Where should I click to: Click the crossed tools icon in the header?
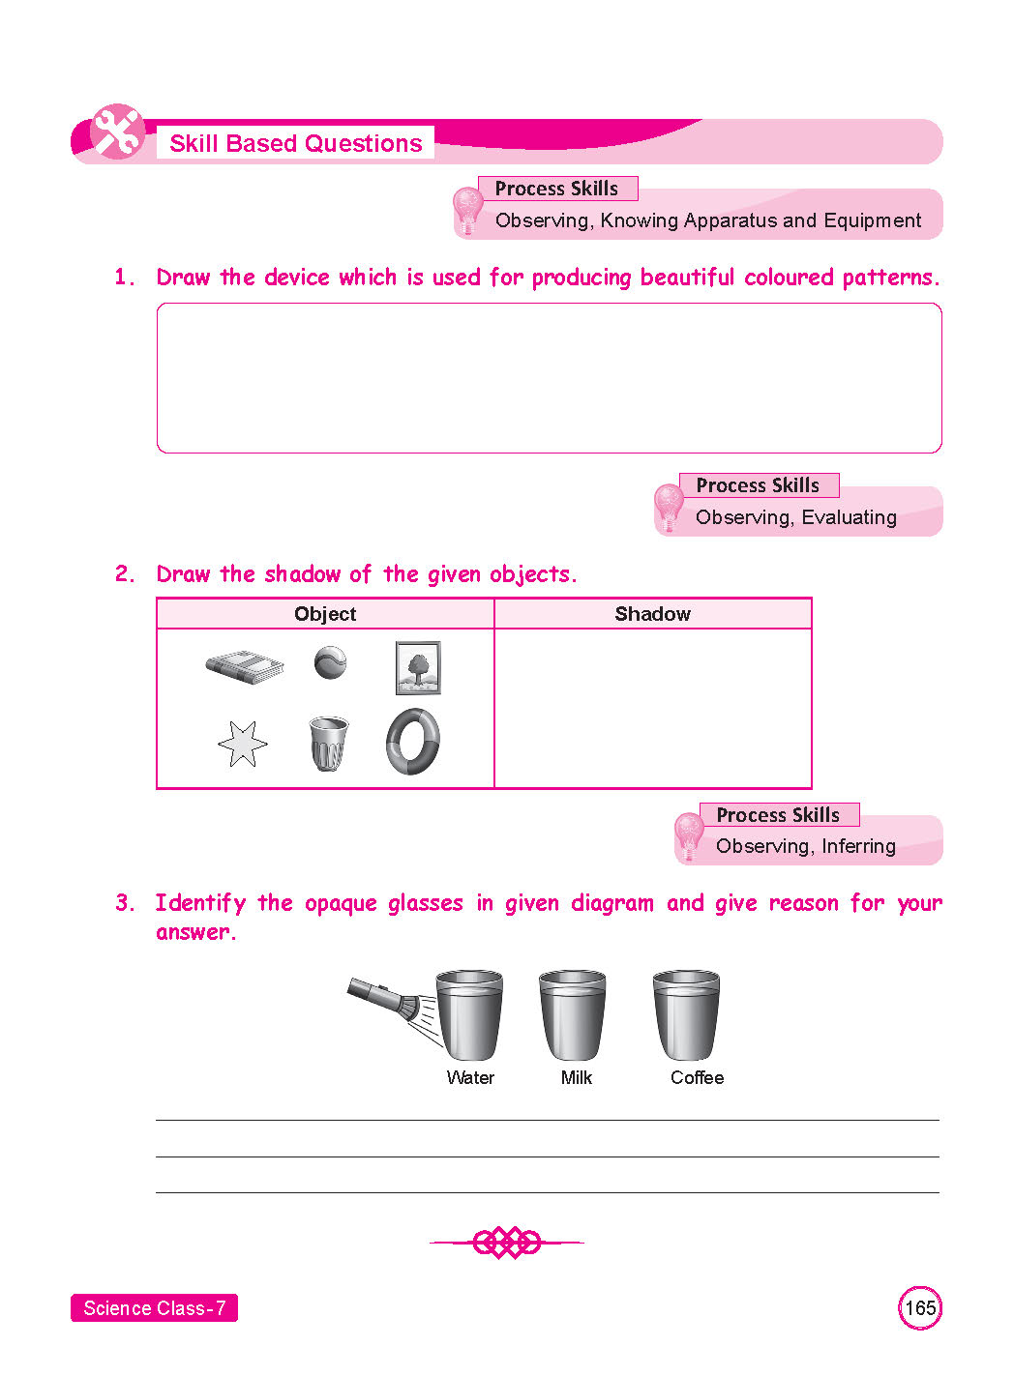click(117, 132)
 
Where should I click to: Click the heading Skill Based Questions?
click(295, 143)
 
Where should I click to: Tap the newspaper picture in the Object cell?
click(245, 666)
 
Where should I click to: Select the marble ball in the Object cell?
click(330, 662)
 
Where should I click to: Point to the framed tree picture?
click(418, 667)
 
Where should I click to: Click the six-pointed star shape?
click(242, 744)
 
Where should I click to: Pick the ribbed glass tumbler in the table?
click(328, 743)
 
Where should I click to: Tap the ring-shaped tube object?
click(413, 742)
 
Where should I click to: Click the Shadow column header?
click(652, 614)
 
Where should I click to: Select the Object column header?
click(325, 614)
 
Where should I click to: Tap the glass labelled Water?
click(469, 1016)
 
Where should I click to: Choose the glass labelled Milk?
click(573, 1016)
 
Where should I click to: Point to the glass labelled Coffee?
click(686, 1016)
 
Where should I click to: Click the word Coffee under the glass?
click(697, 1077)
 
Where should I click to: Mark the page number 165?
click(919, 1308)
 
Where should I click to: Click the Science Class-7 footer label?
click(154, 1308)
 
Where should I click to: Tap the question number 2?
click(125, 574)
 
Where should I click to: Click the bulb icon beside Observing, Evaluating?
click(669, 506)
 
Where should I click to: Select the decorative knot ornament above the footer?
click(507, 1242)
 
